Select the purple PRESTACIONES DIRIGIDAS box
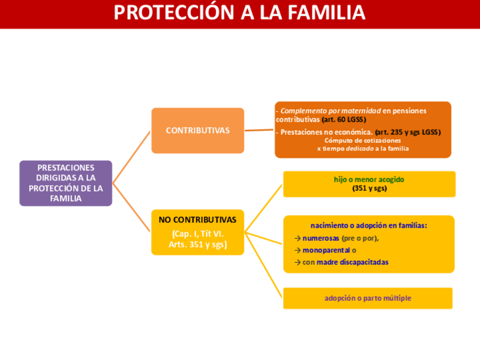tap(66, 183)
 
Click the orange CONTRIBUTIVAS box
tap(198, 130)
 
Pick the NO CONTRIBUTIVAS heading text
tap(197, 220)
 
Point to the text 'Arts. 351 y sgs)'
tap(198, 245)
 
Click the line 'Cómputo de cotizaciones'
tap(362, 140)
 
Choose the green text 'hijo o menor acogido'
tap(369, 179)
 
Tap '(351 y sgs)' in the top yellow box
tap(369, 188)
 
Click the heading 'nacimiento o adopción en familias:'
tap(368, 225)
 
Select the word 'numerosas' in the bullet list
tap(320, 238)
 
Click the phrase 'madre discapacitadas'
tap(352, 262)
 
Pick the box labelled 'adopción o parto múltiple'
tap(367, 298)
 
